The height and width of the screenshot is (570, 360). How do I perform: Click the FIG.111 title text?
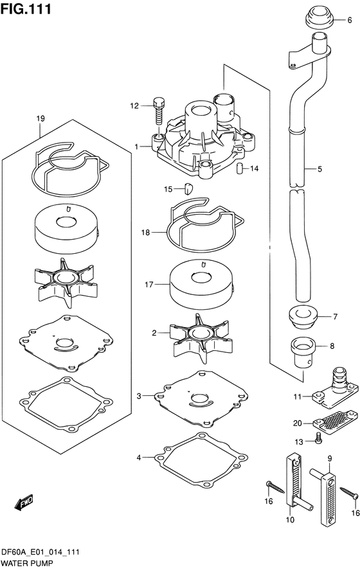(26, 9)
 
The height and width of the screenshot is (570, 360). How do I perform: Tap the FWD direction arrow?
(24, 502)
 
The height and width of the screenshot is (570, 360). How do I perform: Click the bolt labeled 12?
(159, 111)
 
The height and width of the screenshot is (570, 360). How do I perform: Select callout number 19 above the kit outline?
(40, 118)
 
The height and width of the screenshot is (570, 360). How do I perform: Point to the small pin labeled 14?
(240, 168)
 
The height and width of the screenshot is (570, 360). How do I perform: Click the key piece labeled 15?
(188, 189)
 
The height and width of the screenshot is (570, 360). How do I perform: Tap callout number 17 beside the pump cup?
(148, 285)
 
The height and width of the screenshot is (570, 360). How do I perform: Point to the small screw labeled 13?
(318, 438)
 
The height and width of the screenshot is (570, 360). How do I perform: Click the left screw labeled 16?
(275, 488)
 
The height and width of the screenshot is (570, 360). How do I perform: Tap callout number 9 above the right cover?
(330, 459)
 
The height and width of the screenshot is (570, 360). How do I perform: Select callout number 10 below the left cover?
(290, 520)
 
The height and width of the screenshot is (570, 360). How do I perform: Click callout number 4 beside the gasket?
(139, 458)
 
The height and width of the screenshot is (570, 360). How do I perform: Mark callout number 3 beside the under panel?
(139, 396)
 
